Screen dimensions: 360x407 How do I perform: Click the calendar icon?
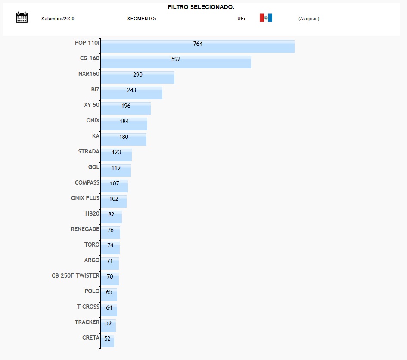(22, 18)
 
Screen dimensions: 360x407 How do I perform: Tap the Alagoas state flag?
(266, 18)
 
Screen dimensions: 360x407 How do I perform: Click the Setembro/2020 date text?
(58, 19)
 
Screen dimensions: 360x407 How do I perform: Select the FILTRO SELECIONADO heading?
(201, 7)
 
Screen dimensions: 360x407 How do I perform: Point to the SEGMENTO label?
(142, 19)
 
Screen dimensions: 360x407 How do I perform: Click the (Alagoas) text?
(308, 19)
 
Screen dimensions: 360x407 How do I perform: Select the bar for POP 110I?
(198, 47)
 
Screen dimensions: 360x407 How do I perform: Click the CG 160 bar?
(176, 62)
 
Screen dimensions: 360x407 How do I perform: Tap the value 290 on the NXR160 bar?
(138, 75)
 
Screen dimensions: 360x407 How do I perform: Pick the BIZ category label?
(95, 89)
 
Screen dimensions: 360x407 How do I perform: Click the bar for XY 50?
(126, 109)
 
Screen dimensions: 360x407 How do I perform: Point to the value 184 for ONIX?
(124, 122)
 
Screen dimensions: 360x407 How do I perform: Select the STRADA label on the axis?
(89, 151)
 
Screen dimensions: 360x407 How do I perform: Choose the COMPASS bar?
(115, 186)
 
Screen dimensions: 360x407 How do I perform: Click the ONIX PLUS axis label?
(85, 198)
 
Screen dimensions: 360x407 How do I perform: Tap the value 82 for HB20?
(112, 215)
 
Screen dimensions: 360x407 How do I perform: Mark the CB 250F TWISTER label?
(75, 275)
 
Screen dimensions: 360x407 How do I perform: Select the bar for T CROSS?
(109, 310)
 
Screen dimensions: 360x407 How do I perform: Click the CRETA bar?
(108, 341)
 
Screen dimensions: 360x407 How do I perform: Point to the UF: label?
(241, 19)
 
